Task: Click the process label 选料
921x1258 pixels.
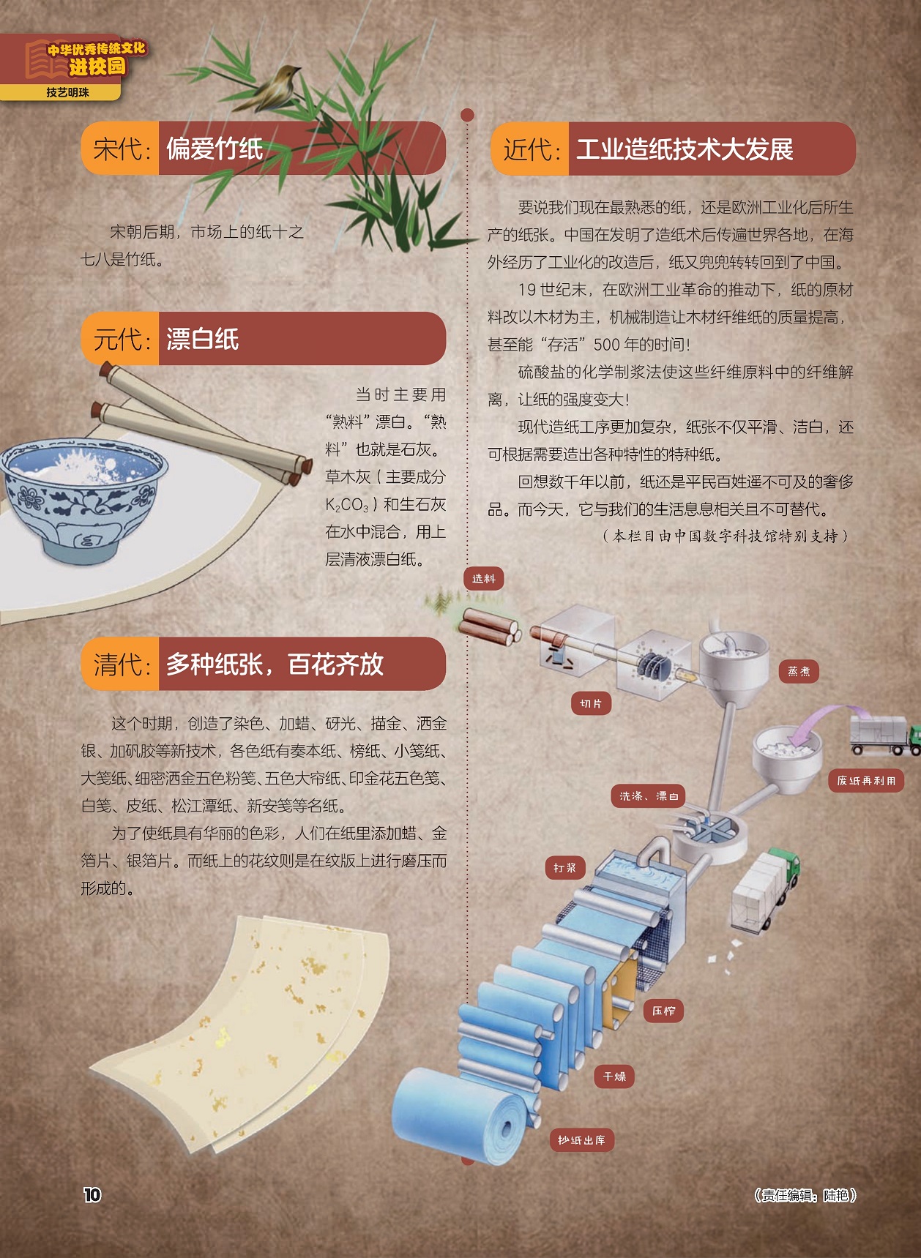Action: (484, 579)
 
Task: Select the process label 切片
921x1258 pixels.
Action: (591, 703)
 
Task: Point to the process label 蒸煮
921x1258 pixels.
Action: (799, 671)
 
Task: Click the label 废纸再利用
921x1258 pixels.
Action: (866, 780)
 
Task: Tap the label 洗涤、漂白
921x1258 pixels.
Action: (649, 795)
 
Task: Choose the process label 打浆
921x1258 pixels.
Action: (564, 868)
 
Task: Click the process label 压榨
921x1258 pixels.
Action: (663, 1011)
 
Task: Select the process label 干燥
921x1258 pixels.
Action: (614, 1077)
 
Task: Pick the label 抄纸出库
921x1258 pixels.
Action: (581, 1140)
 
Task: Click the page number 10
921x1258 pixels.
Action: (92, 1194)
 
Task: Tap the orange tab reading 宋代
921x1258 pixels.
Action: (121, 149)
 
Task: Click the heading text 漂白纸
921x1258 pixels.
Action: (203, 339)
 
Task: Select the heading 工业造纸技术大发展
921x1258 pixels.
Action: (685, 149)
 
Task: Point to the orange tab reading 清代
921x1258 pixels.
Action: (121, 664)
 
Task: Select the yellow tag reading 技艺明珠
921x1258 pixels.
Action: (67, 93)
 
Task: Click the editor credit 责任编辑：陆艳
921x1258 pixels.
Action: (805, 1195)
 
